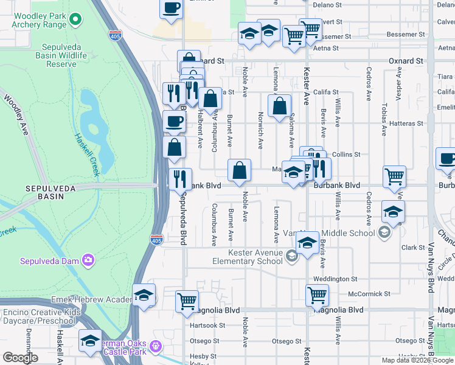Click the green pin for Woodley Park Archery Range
click(x=75, y=19)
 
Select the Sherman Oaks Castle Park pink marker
click(x=156, y=346)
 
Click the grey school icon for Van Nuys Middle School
click(x=384, y=232)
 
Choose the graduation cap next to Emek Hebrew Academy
click(x=144, y=295)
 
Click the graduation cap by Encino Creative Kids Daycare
click(x=90, y=340)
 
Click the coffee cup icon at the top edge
click(x=172, y=8)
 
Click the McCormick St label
click(x=369, y=294)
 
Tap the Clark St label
click(x=413, y=248)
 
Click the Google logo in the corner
click(x=20, y=358)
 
